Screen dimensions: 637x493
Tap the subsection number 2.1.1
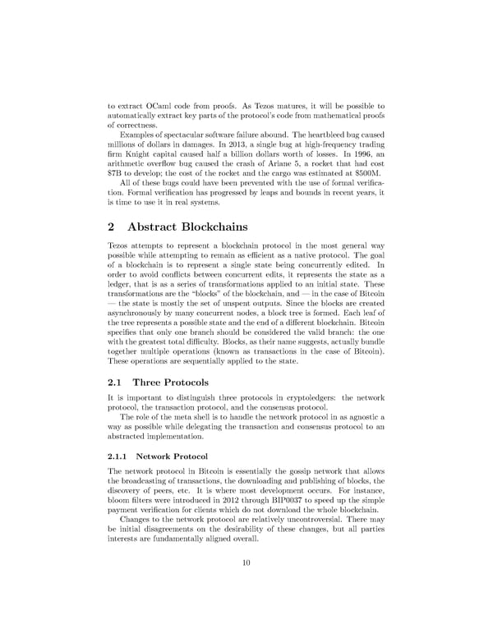tap(119, 456)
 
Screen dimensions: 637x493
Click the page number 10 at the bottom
tap(246, 562)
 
